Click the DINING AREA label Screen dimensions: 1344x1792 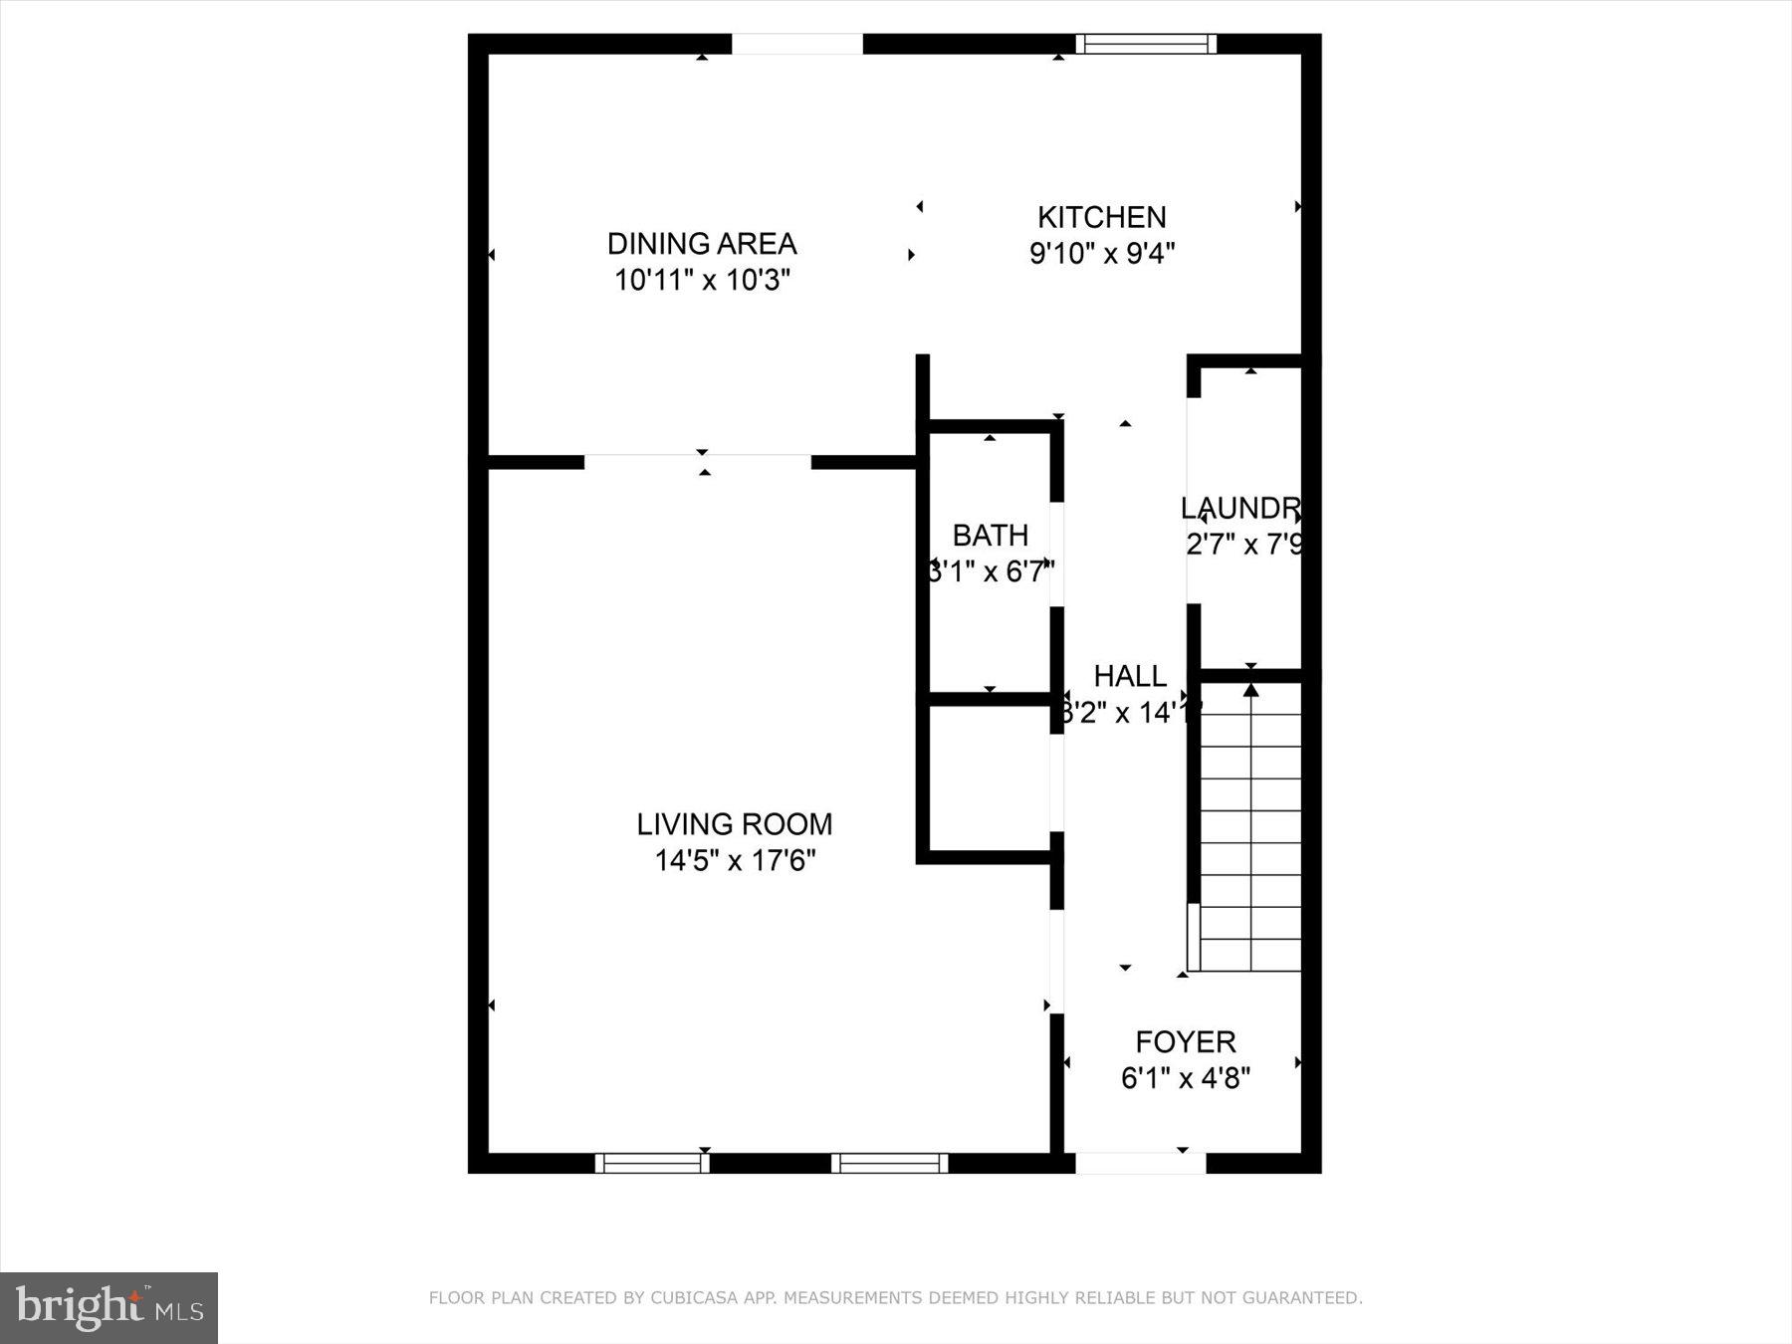(702, 243)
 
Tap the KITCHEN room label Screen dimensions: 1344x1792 (1101, 217)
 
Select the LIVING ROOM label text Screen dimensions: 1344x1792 (734, 824)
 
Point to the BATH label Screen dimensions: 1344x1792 (990, 536)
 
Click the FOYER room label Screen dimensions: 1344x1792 (1185, 1042)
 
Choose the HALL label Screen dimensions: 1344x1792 (1130, 677)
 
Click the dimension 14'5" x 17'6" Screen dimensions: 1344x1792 (735, 861)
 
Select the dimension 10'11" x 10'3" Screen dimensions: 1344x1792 (702, 281)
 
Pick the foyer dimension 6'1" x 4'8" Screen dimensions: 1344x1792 (1185, 1079)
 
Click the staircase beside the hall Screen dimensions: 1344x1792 (1250, 826)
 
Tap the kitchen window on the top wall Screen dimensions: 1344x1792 (1145, 43)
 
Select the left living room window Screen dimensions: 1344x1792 (652, 1163)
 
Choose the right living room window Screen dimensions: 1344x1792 (889, 1163)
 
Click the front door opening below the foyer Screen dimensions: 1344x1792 (1140, 1163)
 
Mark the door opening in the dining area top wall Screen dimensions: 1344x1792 (796, 44)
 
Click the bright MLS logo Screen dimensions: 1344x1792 (109, 1307)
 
